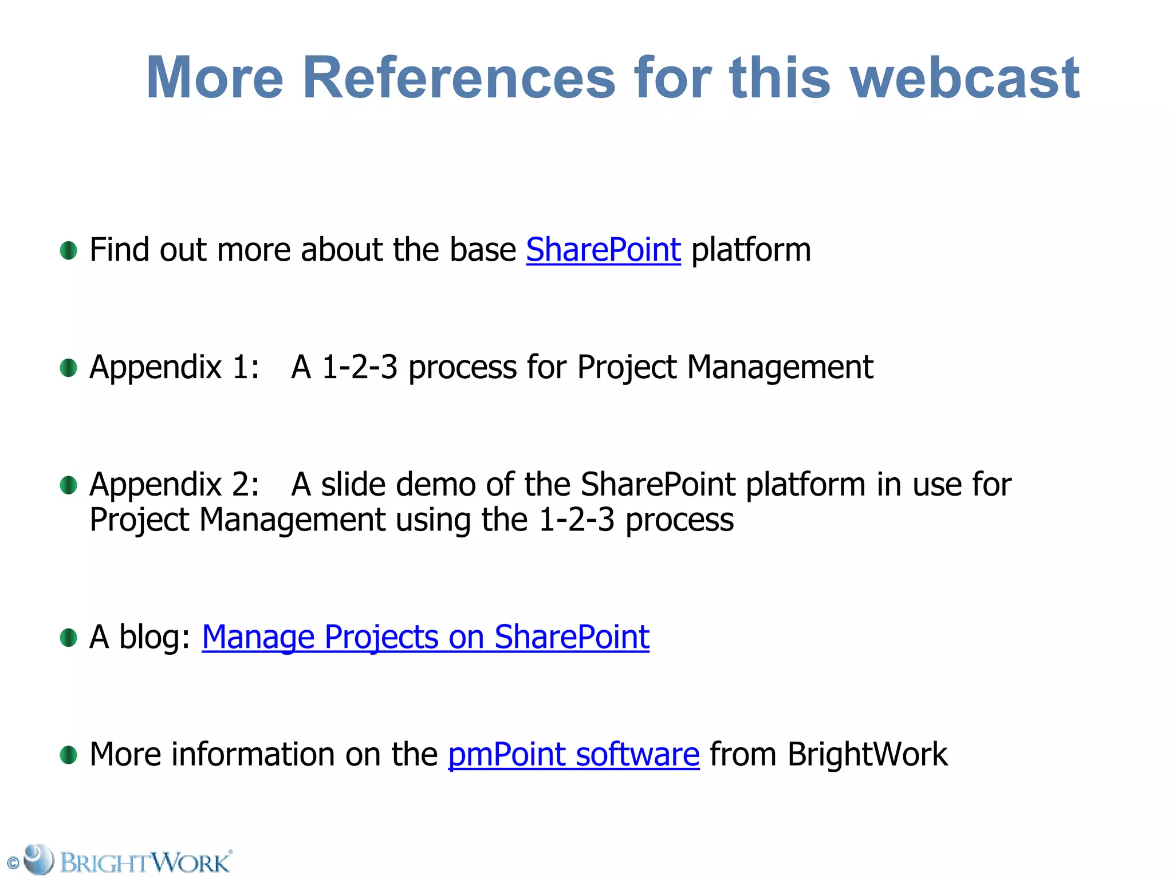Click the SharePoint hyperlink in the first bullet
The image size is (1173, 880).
(603, 250)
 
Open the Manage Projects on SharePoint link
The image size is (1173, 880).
(425, 637)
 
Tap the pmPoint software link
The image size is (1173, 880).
(573, 755)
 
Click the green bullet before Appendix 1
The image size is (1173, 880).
(68, 368)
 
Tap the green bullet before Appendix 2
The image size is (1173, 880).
(68, 485)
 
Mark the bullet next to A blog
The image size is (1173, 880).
(68, 637)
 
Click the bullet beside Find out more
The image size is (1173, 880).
(68, 250)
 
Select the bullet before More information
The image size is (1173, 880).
(68, 755)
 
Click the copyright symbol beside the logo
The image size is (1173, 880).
(13, 863)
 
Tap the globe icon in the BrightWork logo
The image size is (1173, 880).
(39, 859)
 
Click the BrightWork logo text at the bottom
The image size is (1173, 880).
(145, 862)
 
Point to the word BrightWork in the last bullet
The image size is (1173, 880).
(867, 755)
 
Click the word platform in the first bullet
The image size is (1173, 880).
(751, 250)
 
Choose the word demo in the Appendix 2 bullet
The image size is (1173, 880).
(435, 485)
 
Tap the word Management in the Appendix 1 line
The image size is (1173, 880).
(780, 368)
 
